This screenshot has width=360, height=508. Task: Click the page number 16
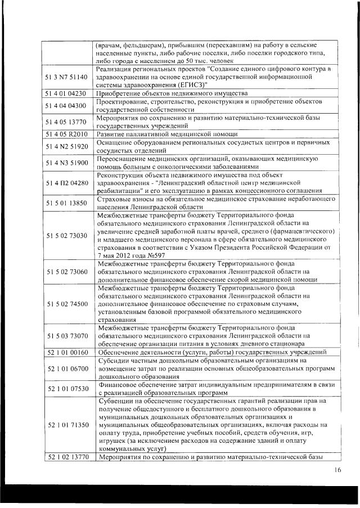pos(337,470)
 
